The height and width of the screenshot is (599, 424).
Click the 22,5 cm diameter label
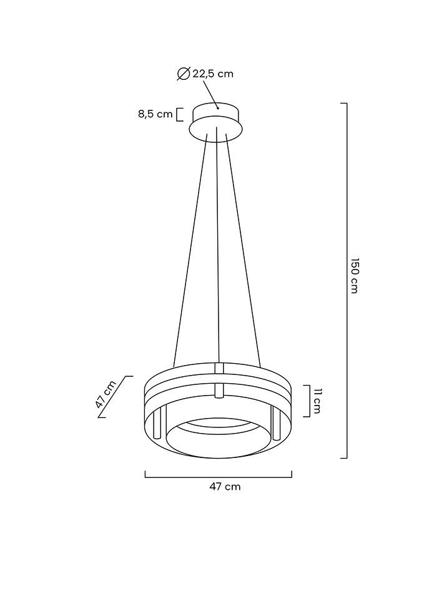tap(212, 74)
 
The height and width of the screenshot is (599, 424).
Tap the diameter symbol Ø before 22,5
tap(184, 74)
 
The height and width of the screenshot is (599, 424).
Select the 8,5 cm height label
tap(155, 114)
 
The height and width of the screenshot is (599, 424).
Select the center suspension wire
tap(217, 250)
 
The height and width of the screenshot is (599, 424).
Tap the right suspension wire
tap(243, 250)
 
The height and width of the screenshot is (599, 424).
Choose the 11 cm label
tap(317, 401)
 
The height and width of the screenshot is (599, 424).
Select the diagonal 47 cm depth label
tap(106, 394)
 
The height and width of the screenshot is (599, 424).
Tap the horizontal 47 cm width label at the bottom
tap(224, 487)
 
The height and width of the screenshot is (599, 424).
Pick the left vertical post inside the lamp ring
tap(159, 424)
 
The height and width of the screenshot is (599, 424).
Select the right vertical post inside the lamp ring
tap(276, 424)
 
